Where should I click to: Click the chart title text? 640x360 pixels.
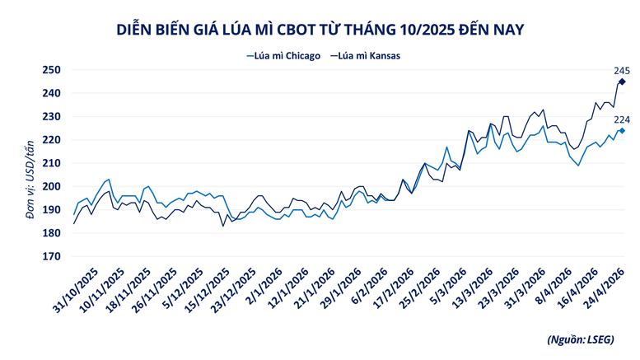[319, 30]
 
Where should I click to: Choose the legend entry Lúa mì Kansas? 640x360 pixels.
[370, 55]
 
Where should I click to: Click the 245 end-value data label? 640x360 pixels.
[622, 71]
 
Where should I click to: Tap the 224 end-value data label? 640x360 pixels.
[622, 119]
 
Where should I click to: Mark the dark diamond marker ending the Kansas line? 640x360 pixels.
[622, 82]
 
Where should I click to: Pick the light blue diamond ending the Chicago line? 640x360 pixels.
[622, 130]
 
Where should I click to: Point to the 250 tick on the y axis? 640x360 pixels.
[52, 70]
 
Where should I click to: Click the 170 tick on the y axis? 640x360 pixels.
[52, 257]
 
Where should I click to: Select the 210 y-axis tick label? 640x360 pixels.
[52, 164]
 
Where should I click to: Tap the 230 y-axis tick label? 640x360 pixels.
[52, 117]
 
